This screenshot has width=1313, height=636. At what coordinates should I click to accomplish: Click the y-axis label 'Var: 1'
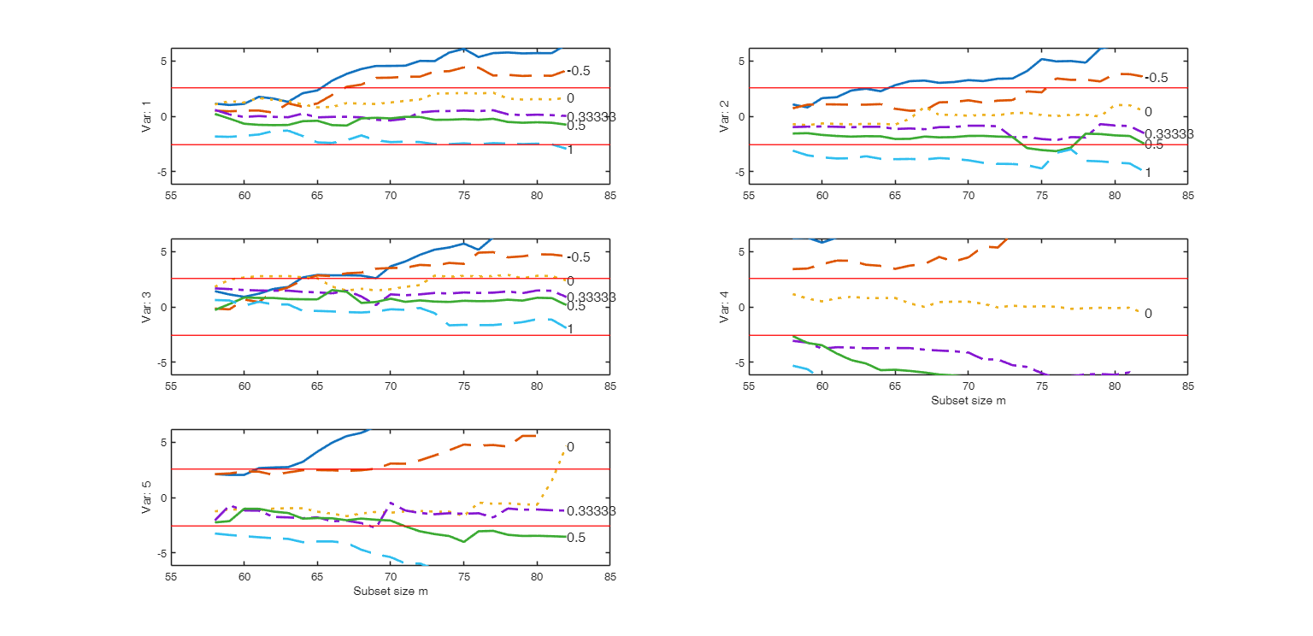[x=147, y=116]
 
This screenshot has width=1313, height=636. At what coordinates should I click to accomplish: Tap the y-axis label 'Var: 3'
[x=147, y=307]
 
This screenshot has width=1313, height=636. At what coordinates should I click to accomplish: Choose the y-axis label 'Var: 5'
[x=147, y=498]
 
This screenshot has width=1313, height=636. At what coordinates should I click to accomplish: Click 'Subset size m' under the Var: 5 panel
[x=390, y=592]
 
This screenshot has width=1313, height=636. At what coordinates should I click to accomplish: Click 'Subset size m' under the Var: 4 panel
[x=968, y=401]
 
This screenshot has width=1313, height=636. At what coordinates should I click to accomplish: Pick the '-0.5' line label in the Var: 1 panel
[x=579, y=71]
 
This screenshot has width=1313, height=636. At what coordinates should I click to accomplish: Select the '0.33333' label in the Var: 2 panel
[x=1169, y=134]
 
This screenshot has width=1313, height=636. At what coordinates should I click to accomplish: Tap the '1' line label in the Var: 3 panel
[x=570, y=329]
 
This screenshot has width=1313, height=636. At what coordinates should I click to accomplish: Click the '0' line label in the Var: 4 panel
[x=1148, y=314]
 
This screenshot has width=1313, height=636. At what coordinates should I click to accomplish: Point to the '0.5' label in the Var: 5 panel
[x=576, y=538]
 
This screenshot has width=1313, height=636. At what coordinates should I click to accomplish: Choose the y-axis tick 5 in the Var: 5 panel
[x=163, y=442]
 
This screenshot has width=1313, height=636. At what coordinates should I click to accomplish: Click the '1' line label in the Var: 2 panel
[x=1148, y=173]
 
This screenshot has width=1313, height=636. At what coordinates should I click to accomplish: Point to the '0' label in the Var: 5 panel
[x=570, y=447]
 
